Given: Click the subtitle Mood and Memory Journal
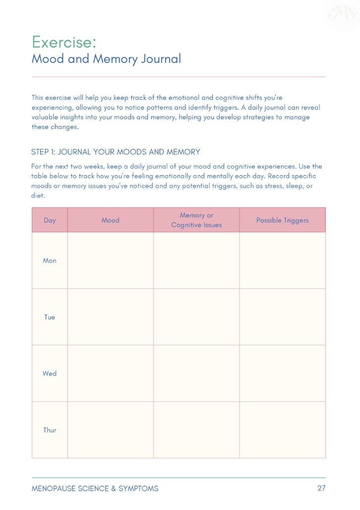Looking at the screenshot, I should coord(106,59).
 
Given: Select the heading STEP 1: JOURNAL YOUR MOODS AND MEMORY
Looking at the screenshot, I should coord(116,152).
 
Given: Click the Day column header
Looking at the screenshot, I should coord(50,220).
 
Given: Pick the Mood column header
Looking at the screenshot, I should coord(111,220).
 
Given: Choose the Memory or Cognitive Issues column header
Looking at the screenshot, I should coord(196,220).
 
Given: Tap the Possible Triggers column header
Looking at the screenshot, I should coord(282,220).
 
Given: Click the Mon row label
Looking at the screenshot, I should coord(50,260).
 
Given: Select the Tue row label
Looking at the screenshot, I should coord(50,317).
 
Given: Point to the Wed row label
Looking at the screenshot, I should coord(50,374).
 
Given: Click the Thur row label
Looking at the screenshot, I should coord(50,430).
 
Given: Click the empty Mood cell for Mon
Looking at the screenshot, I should coord(111,260).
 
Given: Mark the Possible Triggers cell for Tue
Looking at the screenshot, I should coord(282,317).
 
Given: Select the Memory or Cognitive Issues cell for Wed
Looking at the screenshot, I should coord(196,374).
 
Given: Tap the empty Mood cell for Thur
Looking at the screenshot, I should coord(111,430).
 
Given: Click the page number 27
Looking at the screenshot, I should coord(321,488).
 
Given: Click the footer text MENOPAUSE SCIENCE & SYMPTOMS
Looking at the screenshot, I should coord(95,489).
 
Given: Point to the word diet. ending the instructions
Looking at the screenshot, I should coord(38,195).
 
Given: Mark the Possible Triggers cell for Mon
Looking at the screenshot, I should coord(282,260).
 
